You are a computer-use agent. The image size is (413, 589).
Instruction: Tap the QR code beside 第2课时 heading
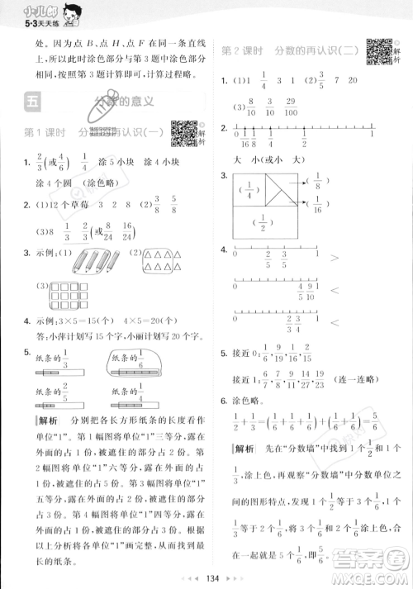(x=377, y=53)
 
